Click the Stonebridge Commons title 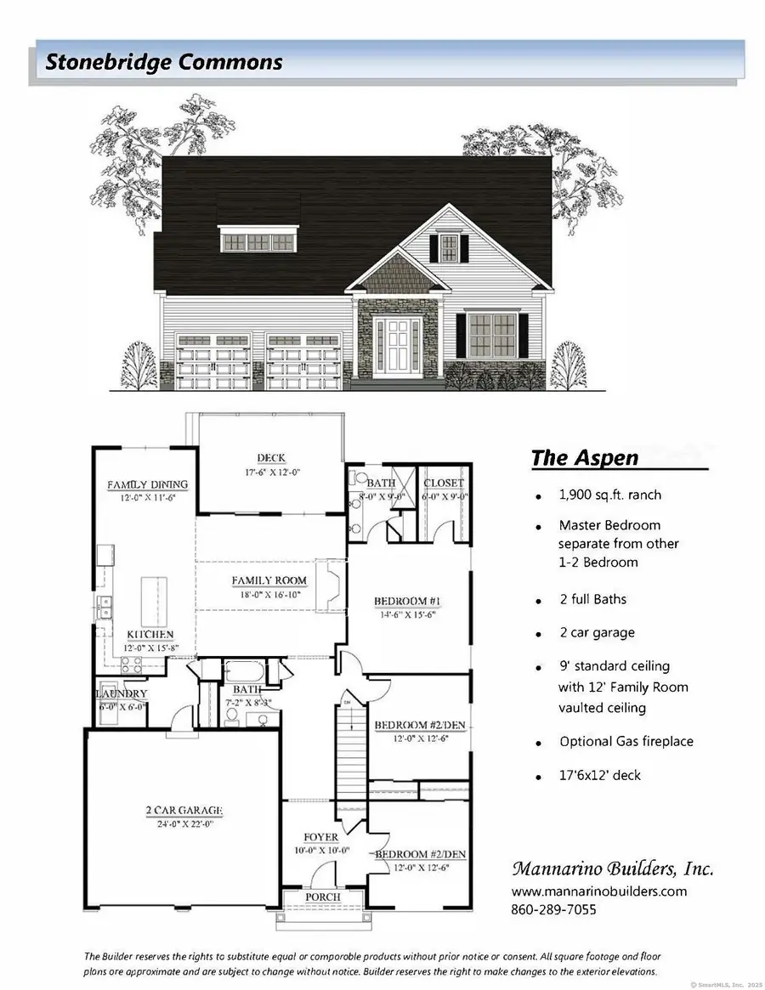coord(164,62)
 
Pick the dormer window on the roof coord(258,240)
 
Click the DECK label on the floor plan coord(271,458)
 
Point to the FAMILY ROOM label coord(269,581)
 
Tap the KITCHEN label coord(150,635)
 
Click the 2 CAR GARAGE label coord(183,811)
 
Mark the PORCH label coord(322,897)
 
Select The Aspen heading coord(584,458)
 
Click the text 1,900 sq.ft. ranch coord(609,495)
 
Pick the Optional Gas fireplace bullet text coord(626,741)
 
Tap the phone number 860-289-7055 coord(553,909)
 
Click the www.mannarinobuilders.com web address coord(598,891)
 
